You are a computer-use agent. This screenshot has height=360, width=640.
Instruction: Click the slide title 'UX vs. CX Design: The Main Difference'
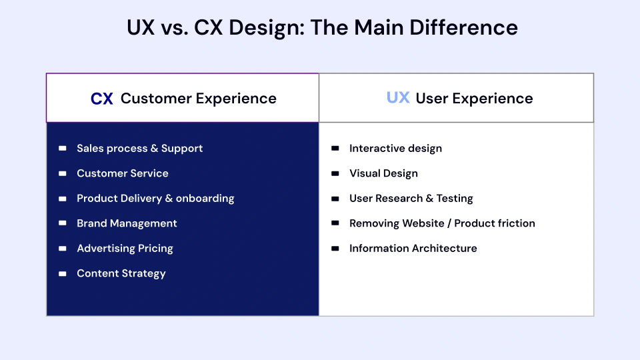point(322,27)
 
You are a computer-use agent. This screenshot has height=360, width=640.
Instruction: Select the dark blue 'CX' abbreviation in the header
point(102,99)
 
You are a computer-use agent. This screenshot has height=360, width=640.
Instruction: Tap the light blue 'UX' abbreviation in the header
point(398,98)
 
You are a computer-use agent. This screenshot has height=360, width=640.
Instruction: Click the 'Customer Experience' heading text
point(198,99)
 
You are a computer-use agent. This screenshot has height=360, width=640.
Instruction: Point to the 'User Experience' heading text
point(474,99)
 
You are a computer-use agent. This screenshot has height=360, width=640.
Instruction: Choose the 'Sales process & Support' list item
point(139,148)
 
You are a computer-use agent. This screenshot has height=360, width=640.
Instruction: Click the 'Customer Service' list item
point(122,173)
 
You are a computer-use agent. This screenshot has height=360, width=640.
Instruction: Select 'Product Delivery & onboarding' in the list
point(155,198)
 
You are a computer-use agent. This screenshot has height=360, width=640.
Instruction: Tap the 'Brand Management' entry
point(127,223)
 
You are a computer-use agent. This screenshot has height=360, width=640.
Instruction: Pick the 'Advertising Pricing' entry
point(125,248)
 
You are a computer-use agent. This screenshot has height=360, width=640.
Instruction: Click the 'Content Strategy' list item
point(121,273)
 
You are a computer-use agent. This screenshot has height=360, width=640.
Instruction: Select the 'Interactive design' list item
point(395,148)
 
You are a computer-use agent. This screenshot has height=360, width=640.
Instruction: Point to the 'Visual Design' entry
point(383,173)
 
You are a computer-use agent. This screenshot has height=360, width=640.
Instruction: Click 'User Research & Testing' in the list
point(411,198)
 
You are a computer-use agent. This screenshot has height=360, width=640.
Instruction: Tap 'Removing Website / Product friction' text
point(442,223)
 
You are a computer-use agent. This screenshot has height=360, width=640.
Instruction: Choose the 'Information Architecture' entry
point(413,248)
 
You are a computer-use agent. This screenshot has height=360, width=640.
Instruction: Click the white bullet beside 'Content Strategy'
point(62,273)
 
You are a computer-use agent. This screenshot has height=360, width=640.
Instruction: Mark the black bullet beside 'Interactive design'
point(335,148)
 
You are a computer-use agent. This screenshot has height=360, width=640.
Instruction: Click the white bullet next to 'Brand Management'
point(62,223)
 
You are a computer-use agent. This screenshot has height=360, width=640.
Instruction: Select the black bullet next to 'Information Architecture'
point(335,248)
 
